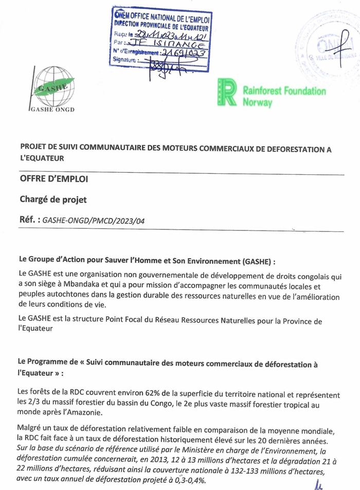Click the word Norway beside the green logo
(x=257, y=102)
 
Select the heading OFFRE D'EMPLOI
(x=53, y=179)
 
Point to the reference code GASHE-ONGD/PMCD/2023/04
(x=94, y=221)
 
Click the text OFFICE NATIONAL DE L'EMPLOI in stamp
(x=169, y=18)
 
